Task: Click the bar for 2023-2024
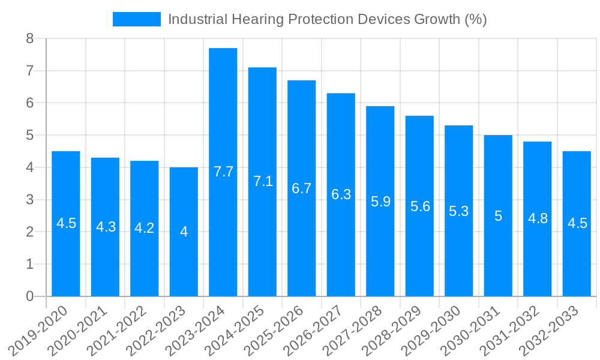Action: coord(223,172)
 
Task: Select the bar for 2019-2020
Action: coord(66,224)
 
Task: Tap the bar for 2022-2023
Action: coord(184,232)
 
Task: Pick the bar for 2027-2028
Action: coord(380,201)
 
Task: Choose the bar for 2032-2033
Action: coord(577,224)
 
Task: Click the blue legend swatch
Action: coord(137,19)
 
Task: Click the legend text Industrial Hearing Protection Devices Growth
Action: coord(327,19)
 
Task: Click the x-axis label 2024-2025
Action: coord(242,330)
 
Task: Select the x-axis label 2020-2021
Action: coord(85,330)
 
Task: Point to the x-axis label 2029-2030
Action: coord(438,330)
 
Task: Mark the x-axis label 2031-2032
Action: coord(517,330)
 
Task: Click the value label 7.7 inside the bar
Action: coord(223,172)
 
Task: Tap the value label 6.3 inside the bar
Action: coord(341,194)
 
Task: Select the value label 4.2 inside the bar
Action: coord(145,228)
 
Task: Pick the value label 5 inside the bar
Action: coord(498,216)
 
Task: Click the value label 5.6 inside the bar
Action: coord(420,206)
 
